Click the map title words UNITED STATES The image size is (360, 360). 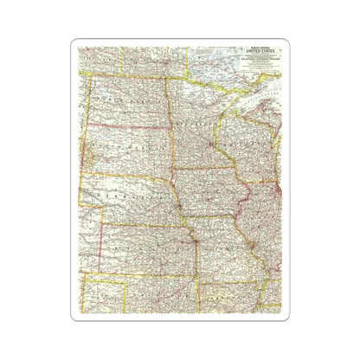tap(259, 57)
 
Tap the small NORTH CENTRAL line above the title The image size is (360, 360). tap(259, 52)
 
